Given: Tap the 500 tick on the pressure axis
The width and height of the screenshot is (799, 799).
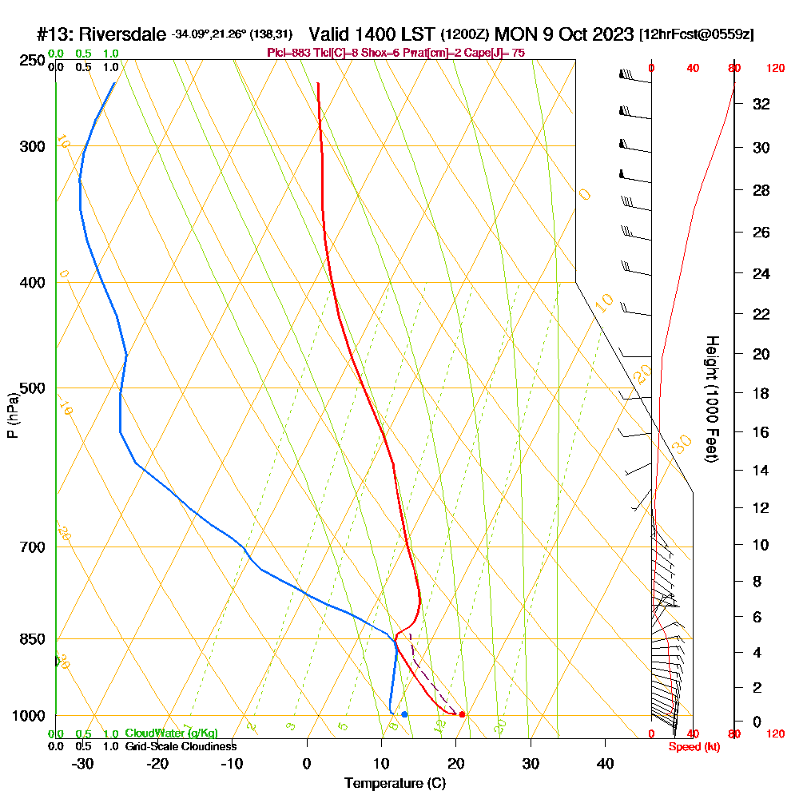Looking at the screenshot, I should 30,388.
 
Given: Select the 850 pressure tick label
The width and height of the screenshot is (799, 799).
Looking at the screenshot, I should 30,639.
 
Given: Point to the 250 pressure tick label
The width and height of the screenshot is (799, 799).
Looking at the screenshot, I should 30,60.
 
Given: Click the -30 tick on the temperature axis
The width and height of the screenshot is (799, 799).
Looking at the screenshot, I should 83,763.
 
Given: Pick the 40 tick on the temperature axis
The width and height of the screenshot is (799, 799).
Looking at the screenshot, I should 606,763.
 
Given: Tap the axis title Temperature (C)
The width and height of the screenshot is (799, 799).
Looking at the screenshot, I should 395,783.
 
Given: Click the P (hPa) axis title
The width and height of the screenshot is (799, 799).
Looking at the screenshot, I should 12,415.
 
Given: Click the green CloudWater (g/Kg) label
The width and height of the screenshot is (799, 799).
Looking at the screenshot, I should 171,733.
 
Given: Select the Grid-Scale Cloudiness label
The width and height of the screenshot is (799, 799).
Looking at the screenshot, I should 181,746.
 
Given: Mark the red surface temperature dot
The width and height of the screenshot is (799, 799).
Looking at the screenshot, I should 462,714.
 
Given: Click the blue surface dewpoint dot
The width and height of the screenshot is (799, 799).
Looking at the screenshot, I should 404,714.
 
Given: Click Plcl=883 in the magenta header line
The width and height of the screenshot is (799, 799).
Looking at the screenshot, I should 288,53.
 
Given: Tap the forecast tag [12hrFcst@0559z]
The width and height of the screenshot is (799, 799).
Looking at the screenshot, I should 697,35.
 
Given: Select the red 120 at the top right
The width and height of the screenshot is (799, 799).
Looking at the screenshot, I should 774,69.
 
